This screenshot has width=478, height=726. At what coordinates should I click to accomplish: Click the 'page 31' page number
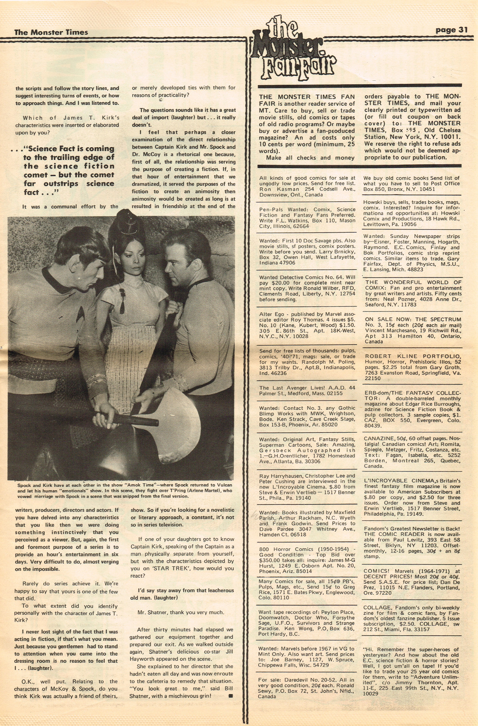(x=451, y=30)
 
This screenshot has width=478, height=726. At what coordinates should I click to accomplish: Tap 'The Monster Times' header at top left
(x=51, y=32)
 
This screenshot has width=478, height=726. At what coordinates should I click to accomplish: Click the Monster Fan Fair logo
(x=294, y=52)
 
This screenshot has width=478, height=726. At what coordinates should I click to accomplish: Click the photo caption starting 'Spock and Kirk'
(x=124, y=490)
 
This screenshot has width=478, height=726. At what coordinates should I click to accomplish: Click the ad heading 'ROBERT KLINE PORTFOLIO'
(x=413, y=356)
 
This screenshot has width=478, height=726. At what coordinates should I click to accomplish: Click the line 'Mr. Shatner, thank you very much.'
(x=181, y=612)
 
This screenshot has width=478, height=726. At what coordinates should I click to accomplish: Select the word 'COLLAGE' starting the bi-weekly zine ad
(x=378, y=608)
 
